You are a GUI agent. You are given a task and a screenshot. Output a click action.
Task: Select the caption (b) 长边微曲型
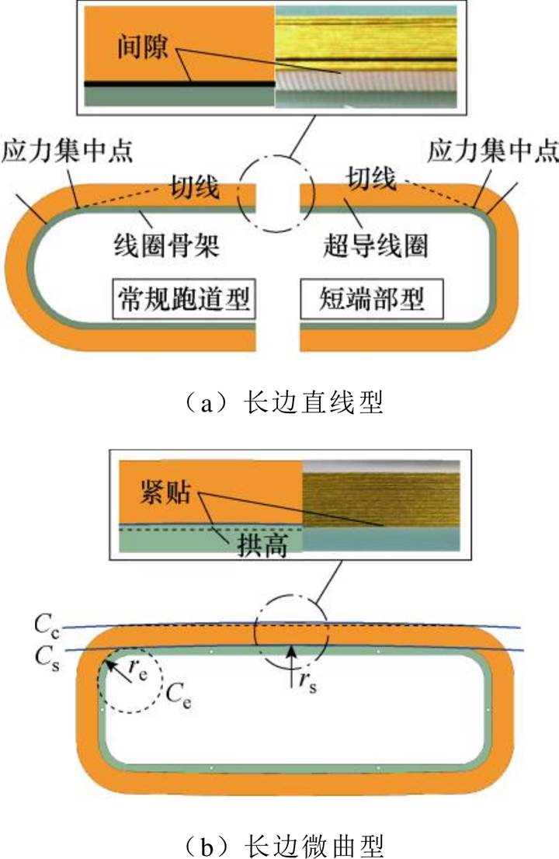point(279,843)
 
